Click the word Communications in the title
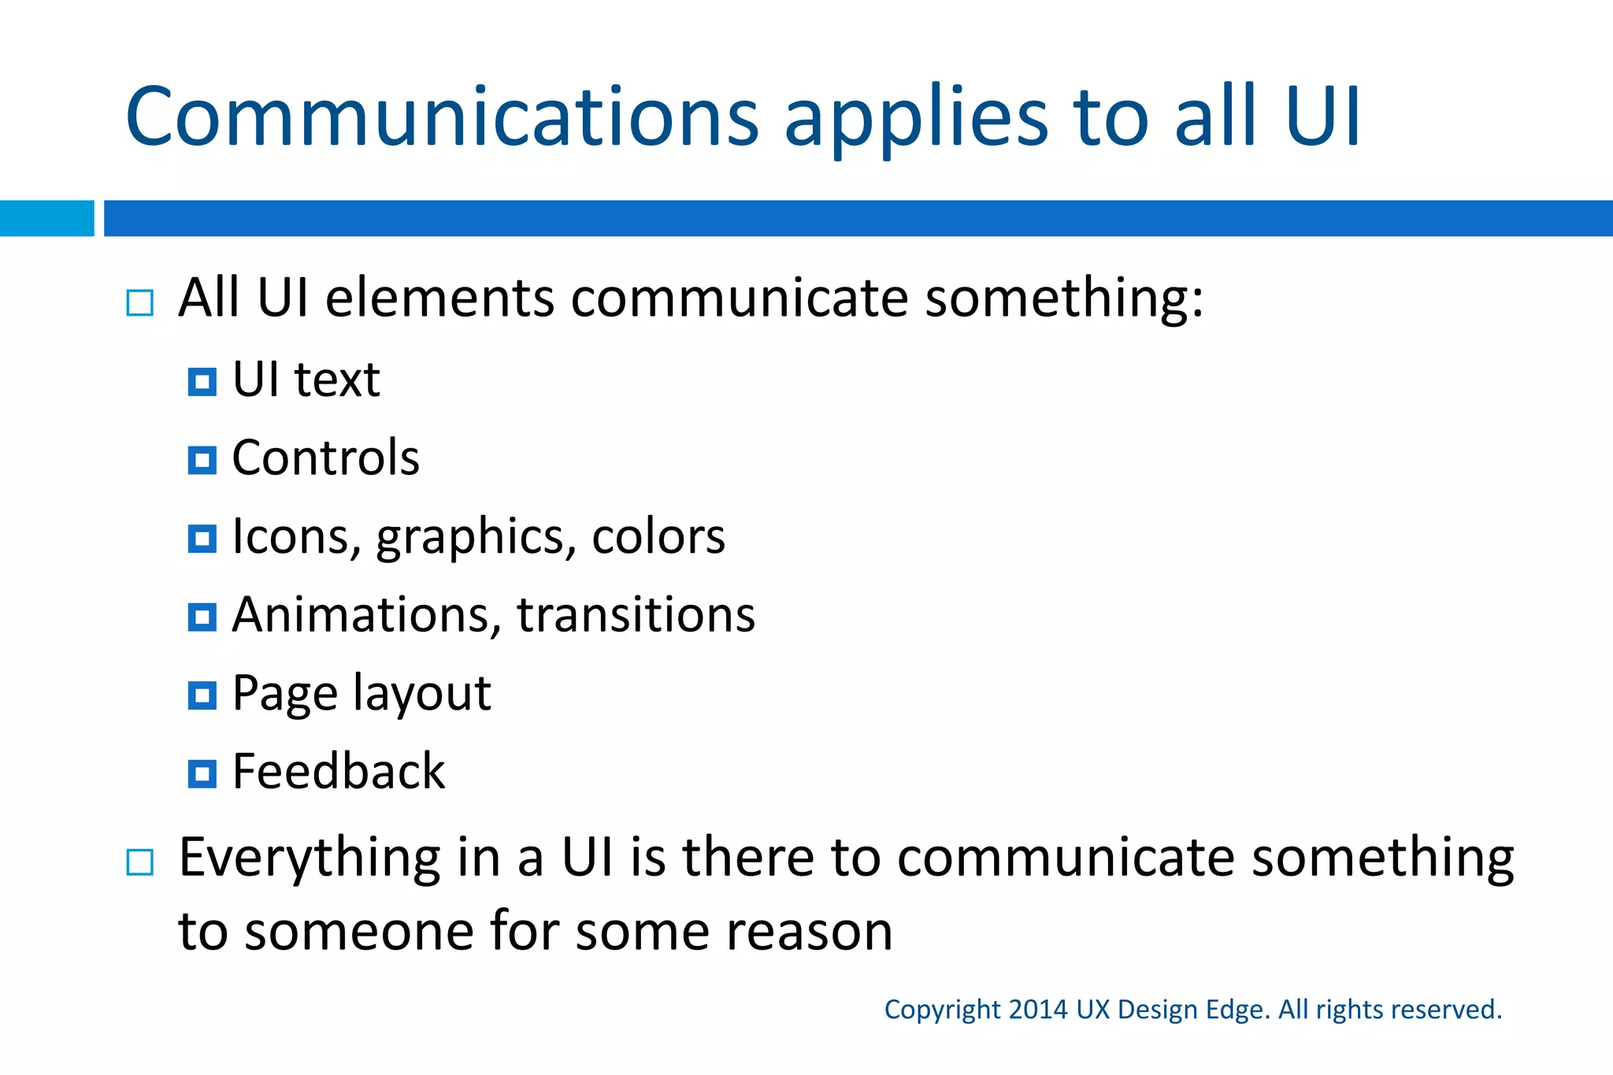coord(441,118)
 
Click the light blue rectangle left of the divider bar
coord(46,218)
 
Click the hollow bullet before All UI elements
coord(140,303)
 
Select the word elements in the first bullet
coord(440,298)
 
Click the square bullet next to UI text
coord(202,383)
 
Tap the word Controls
coord(325,458)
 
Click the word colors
coord(658,537)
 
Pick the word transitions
coord(636,615)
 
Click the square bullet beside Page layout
coord(202,695)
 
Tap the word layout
coord(421,695)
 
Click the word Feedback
coord(339,771)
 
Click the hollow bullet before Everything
coord(140,862)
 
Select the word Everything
coord(310,859)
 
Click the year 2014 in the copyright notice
coord(1037,1010)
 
